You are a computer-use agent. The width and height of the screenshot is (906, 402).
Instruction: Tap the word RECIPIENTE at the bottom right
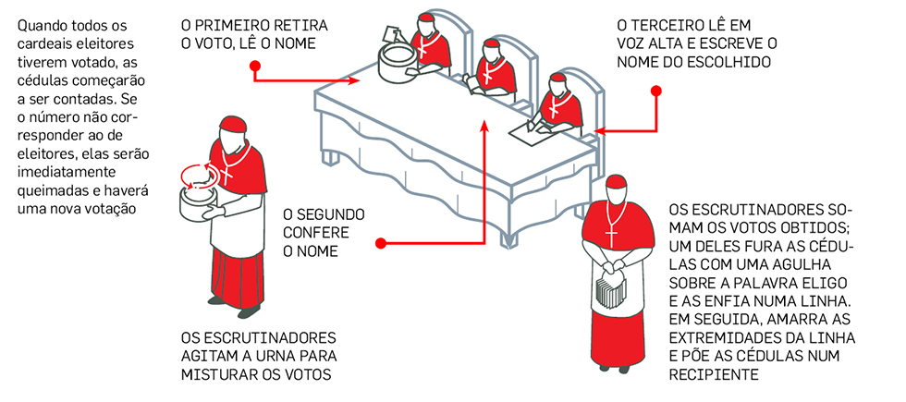coord(713,375)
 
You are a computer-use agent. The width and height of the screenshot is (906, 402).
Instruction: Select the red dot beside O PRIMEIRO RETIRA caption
coord(255,66)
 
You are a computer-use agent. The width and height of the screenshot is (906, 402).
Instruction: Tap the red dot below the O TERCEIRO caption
coord(656,91)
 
